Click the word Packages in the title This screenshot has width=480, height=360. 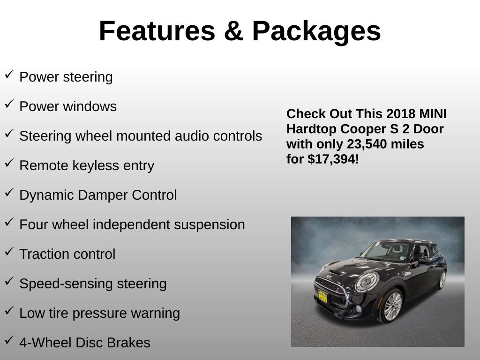click(316, 32)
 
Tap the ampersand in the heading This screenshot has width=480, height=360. click(233, 31)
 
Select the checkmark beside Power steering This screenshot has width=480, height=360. click(9, 75)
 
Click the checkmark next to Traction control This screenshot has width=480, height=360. click(9, 252)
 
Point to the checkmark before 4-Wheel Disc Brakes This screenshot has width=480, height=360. click(9, 340)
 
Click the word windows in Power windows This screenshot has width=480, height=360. click(90, 106)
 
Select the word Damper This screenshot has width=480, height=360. click(103, 195)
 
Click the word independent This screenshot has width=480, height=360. click(131, 225)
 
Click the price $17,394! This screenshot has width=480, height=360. click(333, 159)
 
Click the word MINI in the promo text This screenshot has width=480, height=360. click(433, 114)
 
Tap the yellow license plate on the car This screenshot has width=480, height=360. click(322, 296)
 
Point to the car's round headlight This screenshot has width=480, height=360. click(367, 282)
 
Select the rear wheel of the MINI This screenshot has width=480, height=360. click(442, 280)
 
